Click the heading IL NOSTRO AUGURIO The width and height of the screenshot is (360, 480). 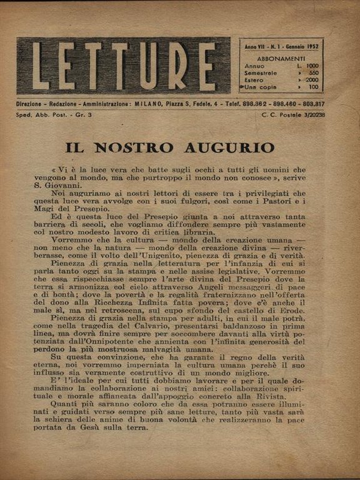(x=170, y=147)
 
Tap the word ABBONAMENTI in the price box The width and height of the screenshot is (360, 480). (x=281, y=54)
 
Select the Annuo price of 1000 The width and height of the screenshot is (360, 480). (x=308, y=65)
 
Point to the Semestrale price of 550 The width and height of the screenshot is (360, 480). (x=310, y=72)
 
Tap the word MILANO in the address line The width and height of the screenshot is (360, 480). (x=149, y=104)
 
